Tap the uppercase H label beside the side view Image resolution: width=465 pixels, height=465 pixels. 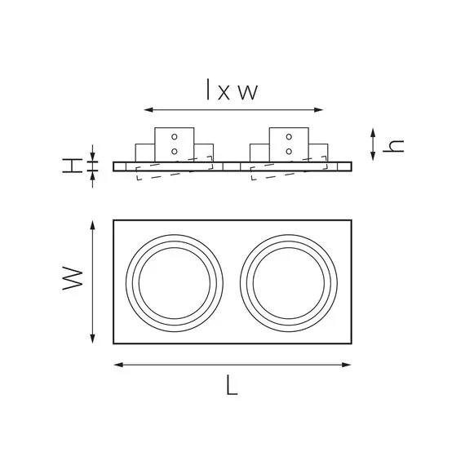tap(73, 166)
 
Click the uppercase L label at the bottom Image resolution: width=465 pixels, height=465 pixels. tap(232, 386)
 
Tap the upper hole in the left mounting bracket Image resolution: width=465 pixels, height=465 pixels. tap(175, 138)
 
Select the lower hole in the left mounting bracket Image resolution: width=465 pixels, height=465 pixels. tap(175, 151)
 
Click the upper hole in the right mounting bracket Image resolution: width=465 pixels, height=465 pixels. tap(289, 138)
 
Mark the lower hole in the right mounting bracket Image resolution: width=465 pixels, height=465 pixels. tap(289, 151)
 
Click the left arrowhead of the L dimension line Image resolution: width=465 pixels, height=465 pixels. tap(116, 365)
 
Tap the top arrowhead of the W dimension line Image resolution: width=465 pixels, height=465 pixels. tap(95, 223)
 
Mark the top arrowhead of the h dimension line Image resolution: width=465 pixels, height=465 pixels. tap(373, 131)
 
